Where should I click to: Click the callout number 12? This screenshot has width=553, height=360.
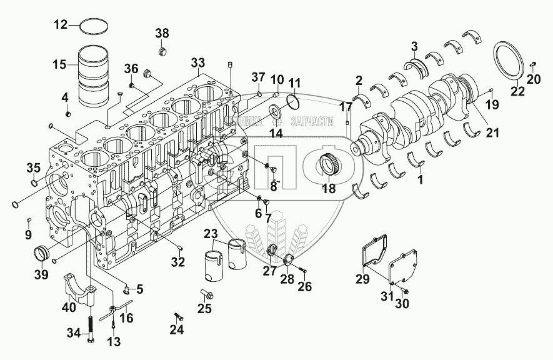[59, 25]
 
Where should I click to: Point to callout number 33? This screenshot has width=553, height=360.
[197, 62]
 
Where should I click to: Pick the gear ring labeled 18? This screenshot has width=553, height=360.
[329, 167]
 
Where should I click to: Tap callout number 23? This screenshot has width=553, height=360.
[210, 236]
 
